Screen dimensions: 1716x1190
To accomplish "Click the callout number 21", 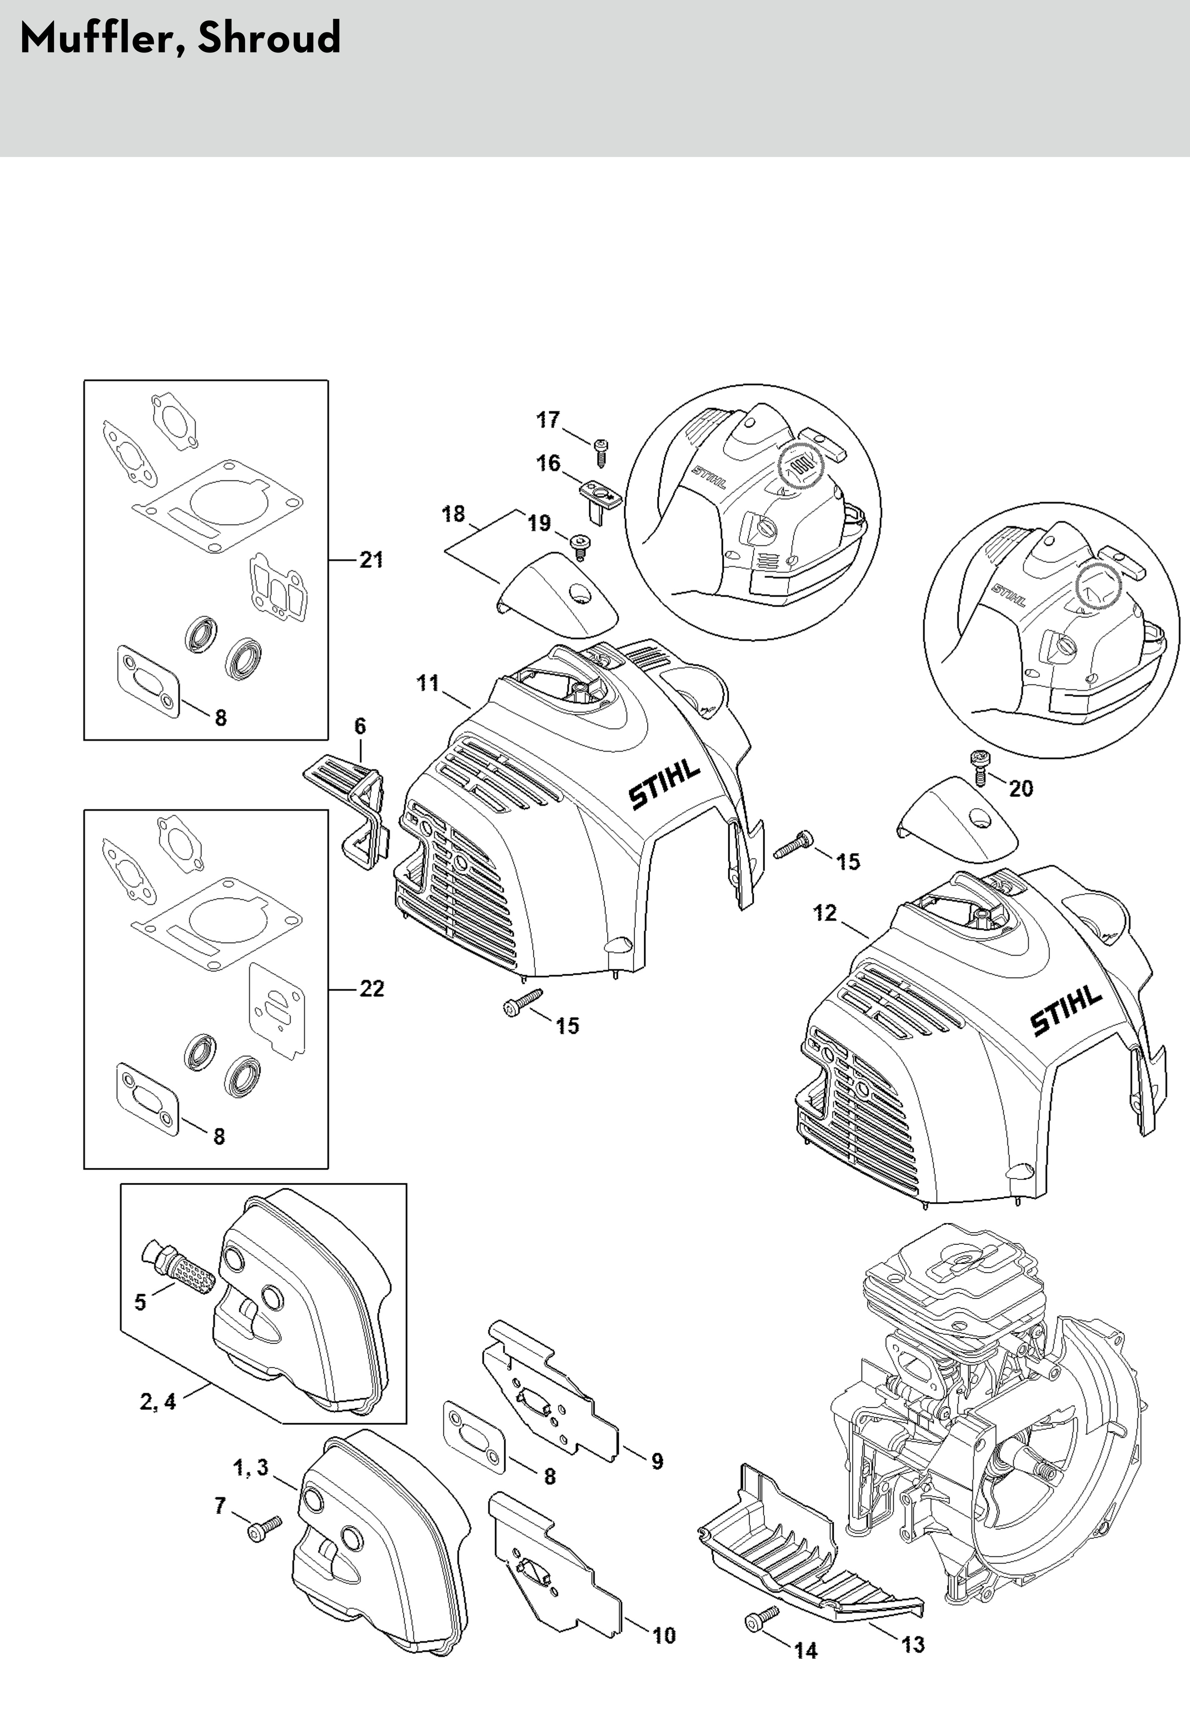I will pos(371,560).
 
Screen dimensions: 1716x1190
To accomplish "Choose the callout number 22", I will pos(371,989).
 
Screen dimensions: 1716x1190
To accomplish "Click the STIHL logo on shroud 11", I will pos(665,785).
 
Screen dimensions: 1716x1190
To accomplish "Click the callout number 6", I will pos(360,725).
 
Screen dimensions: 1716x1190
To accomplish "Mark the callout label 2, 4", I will pos(158,1402).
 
